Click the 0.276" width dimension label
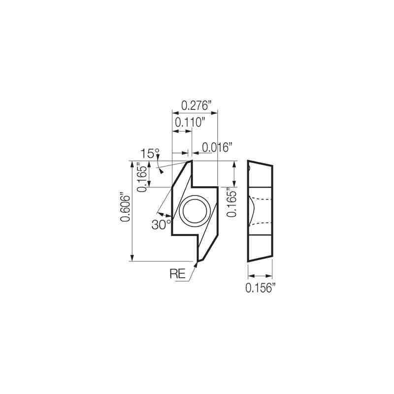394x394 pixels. [x=196, y=105]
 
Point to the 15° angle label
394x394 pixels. [x=150, y=153]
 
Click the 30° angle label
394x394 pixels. [x=161, y=225]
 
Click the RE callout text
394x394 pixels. [x=178, y=274]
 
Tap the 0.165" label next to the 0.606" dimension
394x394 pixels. [x=142, y=176]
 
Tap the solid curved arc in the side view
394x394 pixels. [x=252, y=211]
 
